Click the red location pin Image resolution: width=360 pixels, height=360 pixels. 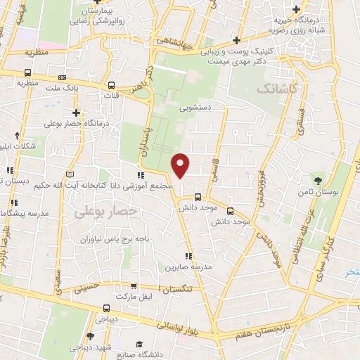[181, 165]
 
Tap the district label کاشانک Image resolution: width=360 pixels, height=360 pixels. [278, 89]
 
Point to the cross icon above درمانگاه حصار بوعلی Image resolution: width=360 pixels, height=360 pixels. [76, 112]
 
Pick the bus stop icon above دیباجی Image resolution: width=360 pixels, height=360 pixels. [106, 307]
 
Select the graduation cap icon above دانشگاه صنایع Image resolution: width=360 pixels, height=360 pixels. [139, 343]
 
